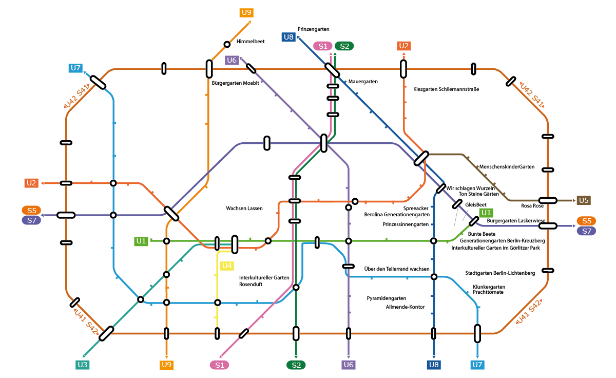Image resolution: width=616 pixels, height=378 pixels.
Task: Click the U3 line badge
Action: [x=82, y=365]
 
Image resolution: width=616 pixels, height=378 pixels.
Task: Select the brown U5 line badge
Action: [x=584, y=200]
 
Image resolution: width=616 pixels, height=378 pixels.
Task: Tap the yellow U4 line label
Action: [x=227, y=266]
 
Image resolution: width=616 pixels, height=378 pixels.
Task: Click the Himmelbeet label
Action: [x=251, y=42]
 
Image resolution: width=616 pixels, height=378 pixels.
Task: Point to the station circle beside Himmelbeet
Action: [x=227, y=44]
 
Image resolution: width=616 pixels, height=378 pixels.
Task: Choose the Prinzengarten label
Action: [x=313, y=29]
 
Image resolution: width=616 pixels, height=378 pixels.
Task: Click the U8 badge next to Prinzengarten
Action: [x=288, y=37]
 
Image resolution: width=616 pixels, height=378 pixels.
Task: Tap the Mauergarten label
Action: [x=363, y=82]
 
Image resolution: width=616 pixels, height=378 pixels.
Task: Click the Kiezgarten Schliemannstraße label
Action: [x=446, y=89]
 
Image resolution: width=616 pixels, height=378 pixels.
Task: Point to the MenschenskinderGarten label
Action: [x=507, y=167]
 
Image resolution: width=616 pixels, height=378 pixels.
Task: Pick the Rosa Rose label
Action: [x=532, y=205]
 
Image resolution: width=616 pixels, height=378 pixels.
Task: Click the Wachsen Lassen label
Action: [x=244, y=209]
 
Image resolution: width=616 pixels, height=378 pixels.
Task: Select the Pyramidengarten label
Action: [x=387, y=298]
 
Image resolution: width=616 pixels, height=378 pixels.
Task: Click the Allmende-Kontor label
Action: [x=405, y=307]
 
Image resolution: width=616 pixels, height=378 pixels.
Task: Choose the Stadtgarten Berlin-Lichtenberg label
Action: [x=500, y=273]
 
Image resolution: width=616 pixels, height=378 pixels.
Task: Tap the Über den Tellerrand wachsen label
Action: [x=396, y=269]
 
